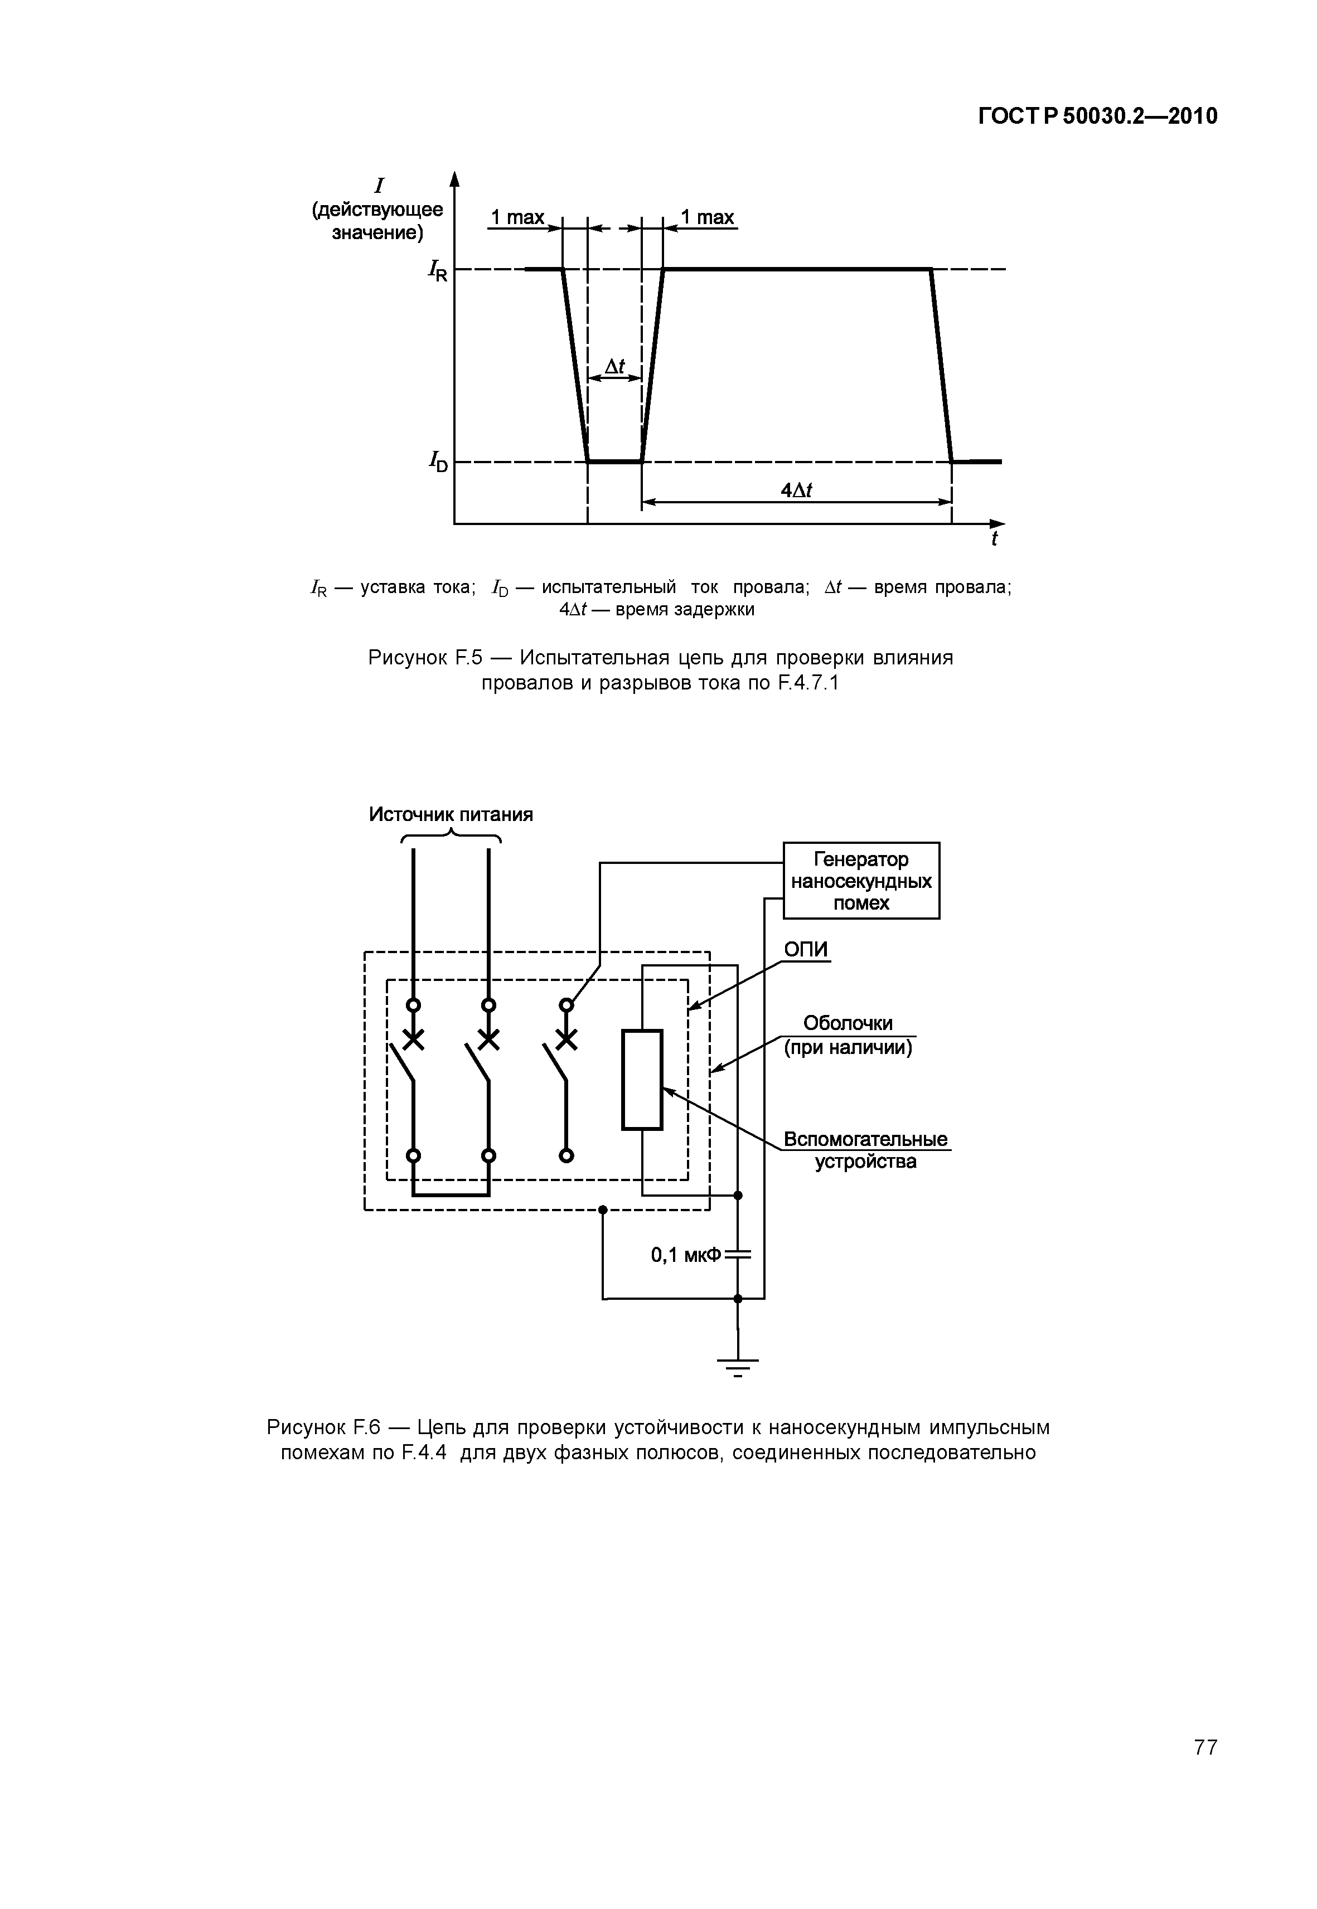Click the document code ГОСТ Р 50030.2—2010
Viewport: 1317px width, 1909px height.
[1097, 116]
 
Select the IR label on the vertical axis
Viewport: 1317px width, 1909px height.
[437, 270]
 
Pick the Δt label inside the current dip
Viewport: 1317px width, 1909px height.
[615, 366]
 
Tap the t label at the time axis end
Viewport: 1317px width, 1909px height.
[994, 540]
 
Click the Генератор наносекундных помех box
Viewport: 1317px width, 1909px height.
[861, 880]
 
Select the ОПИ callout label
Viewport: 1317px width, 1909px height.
[805, 950]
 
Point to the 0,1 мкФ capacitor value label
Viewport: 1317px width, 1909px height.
[686, 1255]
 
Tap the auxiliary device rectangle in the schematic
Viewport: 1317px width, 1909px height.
[642, 1079]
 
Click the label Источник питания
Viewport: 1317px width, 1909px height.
[451, 815]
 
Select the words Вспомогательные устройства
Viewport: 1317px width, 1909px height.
[865, 1150]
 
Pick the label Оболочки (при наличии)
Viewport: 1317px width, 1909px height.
[848, 1036]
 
